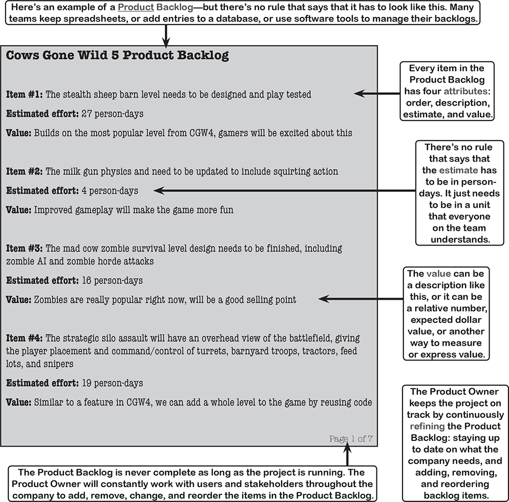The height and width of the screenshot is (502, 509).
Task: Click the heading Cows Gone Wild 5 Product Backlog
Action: click(117, 56)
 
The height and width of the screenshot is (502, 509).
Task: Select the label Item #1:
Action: click(25, 94)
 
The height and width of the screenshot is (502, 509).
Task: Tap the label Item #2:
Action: click(25, 171)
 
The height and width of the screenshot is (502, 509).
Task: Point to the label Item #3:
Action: click(25, 248)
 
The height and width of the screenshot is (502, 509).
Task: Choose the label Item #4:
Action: click(25, 338)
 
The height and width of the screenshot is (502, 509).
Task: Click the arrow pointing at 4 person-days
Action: click(282, 190)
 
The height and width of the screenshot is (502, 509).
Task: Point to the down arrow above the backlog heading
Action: click(166, 36)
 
